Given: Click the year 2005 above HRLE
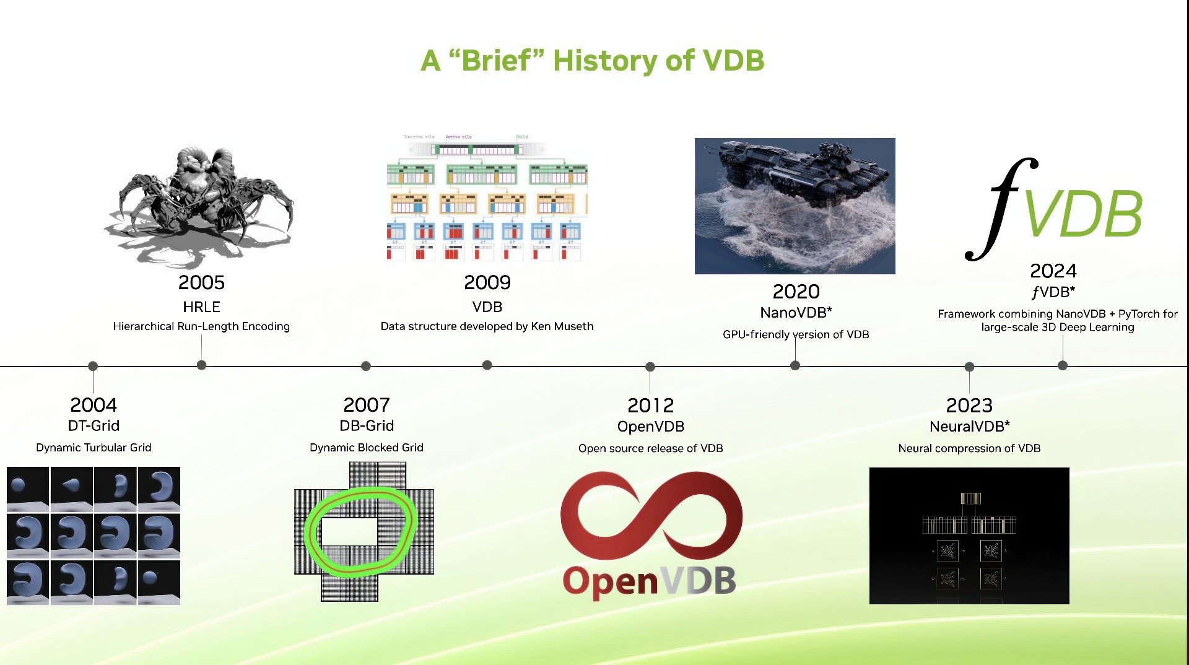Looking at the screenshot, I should click(x=201, y=282).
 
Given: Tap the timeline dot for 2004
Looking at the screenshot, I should click(x=93, y=366).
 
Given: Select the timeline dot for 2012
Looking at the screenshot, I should click(x=650, y=367).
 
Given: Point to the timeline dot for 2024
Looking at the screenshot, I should click(x=1063, y=365).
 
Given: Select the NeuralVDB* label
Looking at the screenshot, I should click(x=969, y=426).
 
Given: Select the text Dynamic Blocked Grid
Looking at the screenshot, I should click(x=366, y=448).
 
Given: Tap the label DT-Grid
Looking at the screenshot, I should click(x=94, y=425).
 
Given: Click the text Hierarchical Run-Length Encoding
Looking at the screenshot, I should click(x=201, y=326).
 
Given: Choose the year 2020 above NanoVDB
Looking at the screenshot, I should click(x=796, y=292).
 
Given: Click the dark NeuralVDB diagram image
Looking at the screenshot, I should click(x=969, y=536).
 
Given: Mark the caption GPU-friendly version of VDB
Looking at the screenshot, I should click(x=796, y=334).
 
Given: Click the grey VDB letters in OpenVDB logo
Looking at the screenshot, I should click(x=699, y=581).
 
